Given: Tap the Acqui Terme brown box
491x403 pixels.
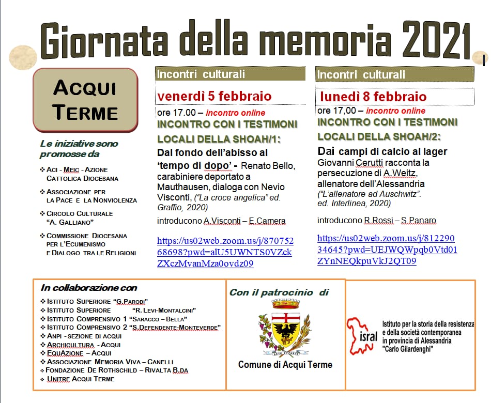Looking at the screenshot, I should pos(85,99).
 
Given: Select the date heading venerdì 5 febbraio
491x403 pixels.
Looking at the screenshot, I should pos(214,96).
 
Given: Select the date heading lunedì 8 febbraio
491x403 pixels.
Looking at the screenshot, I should pos(373,97).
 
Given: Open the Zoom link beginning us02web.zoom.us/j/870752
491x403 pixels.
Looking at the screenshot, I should pos(225,252).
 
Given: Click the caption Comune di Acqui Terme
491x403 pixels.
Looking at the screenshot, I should pos(285,365).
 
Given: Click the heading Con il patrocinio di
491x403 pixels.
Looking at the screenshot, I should pos(279,292).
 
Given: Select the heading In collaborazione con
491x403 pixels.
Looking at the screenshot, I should pos(89,288).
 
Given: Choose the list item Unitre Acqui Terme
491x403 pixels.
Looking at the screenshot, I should pos(81,379).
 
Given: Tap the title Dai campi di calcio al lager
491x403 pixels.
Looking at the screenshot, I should pos(382,151).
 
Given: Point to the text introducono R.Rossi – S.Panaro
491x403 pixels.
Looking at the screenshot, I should pos(376,221).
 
